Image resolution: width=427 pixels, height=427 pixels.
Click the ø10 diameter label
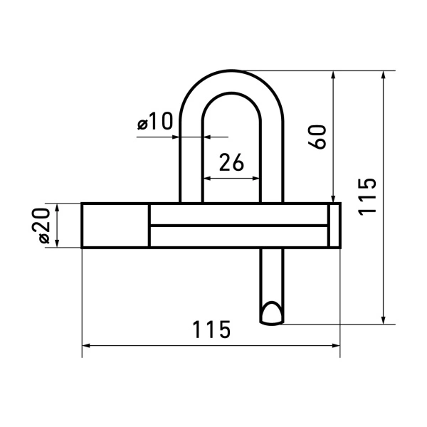155,123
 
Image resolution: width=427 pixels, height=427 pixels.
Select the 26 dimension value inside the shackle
231,163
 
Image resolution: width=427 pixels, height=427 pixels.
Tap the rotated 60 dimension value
318,136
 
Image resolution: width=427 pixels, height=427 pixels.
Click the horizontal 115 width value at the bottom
211,330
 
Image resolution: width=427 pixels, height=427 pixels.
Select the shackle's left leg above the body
191,164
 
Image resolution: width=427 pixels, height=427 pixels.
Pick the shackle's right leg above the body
272,164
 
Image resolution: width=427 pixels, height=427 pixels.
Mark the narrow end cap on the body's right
334,226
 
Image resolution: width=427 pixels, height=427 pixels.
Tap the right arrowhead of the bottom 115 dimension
335,346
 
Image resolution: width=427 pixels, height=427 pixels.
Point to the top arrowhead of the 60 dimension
332,75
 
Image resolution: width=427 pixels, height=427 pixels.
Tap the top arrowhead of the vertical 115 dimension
384,75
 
